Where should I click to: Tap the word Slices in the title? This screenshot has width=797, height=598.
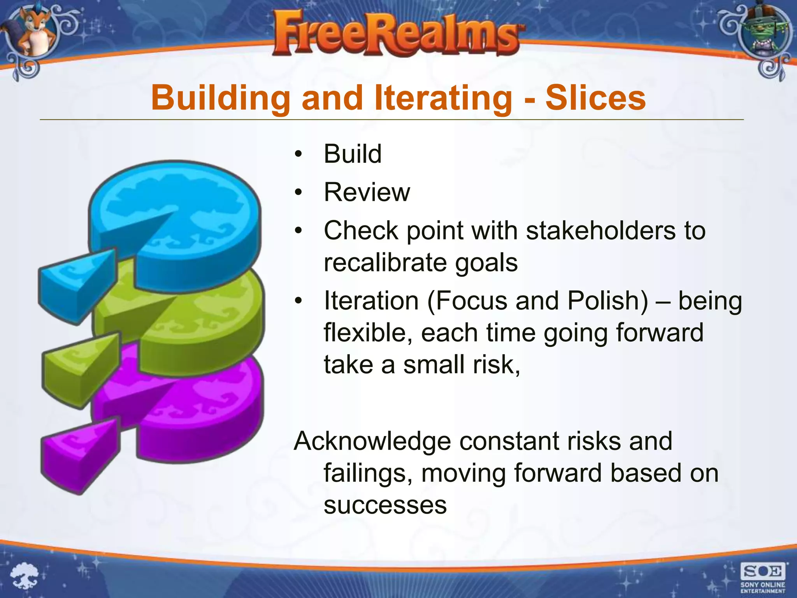coord(595,98)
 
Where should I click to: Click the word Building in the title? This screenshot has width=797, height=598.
coord(221,98)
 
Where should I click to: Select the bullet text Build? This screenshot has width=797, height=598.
coord(353,154)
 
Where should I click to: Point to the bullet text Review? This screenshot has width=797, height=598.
coord(367,192)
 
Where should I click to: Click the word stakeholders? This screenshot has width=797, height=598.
coord(600,230)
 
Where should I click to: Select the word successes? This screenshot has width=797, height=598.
coord(385,505)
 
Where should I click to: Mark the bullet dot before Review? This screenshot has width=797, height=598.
coord(298,192)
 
